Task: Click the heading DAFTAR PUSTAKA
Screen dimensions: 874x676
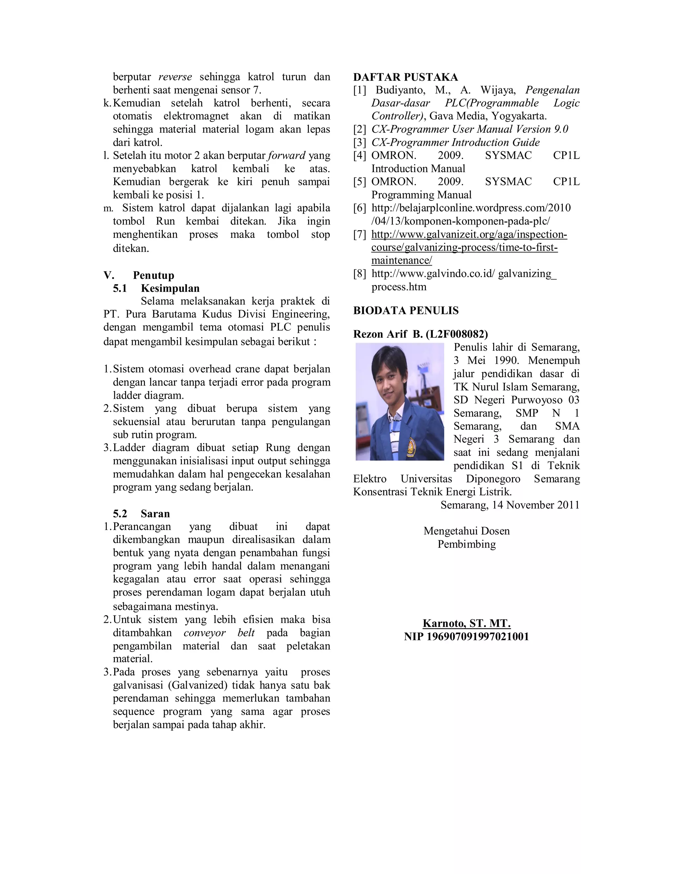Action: (405, 77)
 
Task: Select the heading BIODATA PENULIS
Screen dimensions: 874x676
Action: (406, 311)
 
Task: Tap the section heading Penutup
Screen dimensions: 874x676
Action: (153, 275)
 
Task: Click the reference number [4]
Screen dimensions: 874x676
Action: (360, 156)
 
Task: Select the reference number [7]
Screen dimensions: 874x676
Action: (360, 234)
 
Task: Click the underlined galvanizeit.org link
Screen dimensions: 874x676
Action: (469, 247)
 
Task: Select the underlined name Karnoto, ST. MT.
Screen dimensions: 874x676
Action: (466, 623)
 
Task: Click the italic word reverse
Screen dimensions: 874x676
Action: (175, 77)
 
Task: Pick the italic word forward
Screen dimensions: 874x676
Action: (287, 156)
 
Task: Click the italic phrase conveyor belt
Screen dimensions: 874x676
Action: (219, 633)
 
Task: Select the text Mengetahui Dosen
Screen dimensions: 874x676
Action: (466, 531)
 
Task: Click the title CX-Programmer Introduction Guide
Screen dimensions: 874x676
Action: (455, 142)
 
